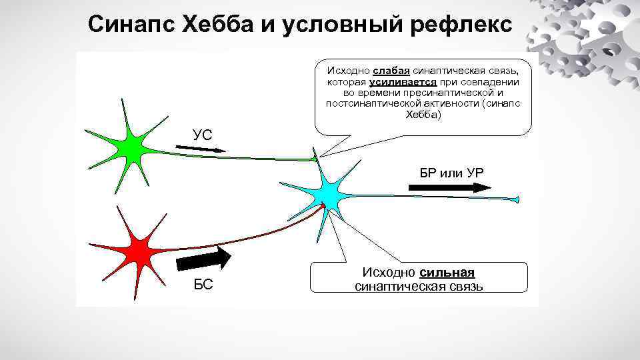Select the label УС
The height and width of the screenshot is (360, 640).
[203, 135]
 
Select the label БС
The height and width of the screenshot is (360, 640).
[203, 285]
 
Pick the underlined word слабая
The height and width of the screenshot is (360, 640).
[391, 71]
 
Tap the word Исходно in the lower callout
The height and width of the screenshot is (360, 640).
[389, 273]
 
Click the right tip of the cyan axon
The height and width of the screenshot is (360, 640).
[517, 200]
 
